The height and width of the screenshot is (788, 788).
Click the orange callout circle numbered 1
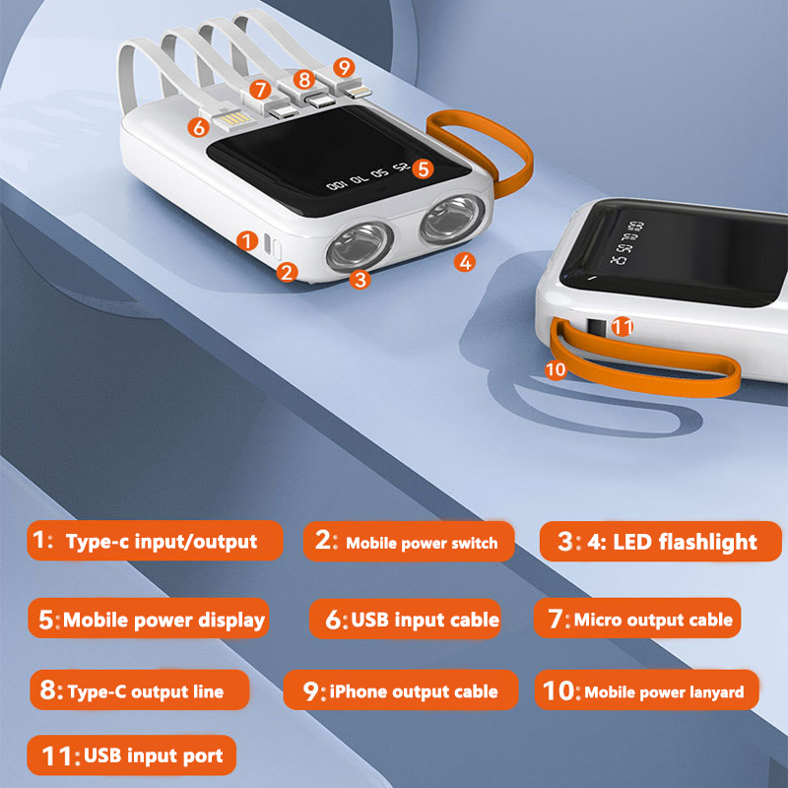pos(248,239)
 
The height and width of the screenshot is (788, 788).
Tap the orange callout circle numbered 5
pos(423,168)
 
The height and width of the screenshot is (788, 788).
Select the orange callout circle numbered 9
pos(343,68)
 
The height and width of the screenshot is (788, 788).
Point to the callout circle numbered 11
pos(622,323)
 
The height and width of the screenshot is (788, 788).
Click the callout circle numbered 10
pos(556,369)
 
